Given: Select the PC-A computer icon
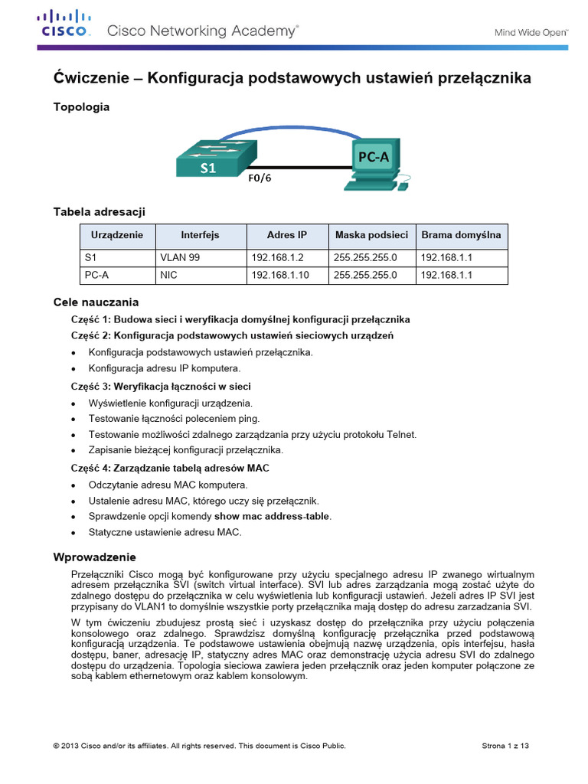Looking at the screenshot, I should (x=375, y=163).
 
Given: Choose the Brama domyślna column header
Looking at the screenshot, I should (x=461, y=235).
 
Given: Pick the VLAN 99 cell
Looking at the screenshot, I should (x=179, y=258).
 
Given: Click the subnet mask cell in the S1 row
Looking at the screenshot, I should (x=365, y=258).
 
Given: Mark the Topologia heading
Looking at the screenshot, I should (x=80, y=107).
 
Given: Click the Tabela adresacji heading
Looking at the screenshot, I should (x=99, y=211).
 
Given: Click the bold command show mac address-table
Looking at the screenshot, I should (x=272, y=516).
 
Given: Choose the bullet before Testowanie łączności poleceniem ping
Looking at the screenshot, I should (x=73, y=419).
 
